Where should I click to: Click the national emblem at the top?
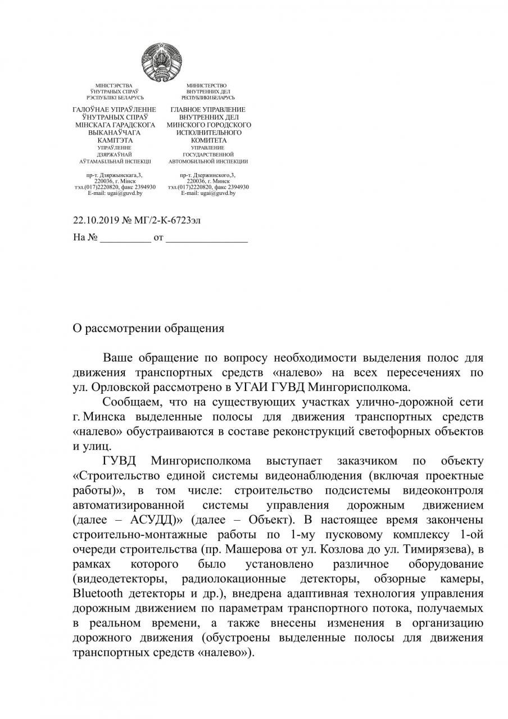161,61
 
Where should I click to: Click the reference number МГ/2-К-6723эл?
167,220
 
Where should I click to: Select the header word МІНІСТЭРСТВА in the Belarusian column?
114,85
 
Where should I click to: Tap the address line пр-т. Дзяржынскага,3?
115,175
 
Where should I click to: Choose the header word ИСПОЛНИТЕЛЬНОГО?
208,133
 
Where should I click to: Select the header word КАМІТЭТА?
115,140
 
